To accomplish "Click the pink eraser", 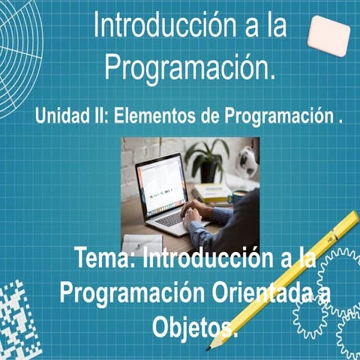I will tap(328, 34).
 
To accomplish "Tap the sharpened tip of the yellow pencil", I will tap(213, 346).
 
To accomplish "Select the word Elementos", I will tap(158, 118).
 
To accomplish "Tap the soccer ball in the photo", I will tap(248, 159).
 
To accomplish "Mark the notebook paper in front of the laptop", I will tap(142, 242).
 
